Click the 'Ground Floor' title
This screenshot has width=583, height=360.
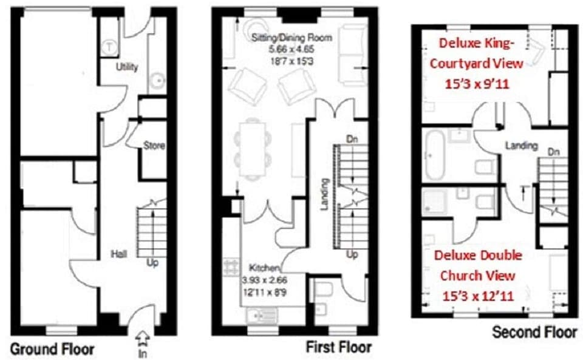pos(52,349)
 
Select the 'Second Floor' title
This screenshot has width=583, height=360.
pos(534,332)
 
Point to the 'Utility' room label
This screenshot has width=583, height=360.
pos(127,67)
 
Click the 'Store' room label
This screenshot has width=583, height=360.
pos(154,146)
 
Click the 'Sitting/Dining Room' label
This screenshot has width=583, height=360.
pos(292,38)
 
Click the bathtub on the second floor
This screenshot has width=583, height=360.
pos(434,154)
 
